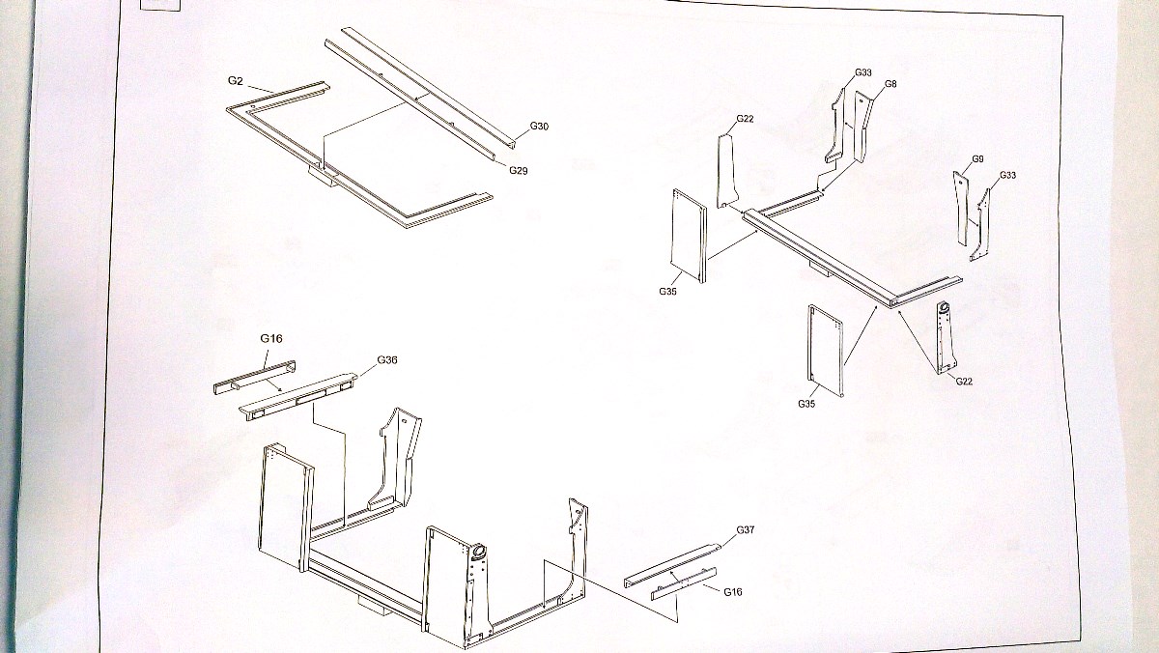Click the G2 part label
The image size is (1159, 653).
[x=235, y=81]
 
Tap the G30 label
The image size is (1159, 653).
[x=539, y=127]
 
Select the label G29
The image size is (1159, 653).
[x=518, y=170]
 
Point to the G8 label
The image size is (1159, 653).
[x=890, y=84]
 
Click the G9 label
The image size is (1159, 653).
[x=977, y=158]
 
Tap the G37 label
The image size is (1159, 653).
[x=745, y=529]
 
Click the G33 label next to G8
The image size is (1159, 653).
[x=863, y=72]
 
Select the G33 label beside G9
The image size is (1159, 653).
[x=1007, y=175]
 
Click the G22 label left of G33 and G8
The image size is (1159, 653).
[x=745, y=119]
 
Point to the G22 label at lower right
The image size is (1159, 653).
[x=964, y=382]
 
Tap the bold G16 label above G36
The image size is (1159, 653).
[x=271, y=339]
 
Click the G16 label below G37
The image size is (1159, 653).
[x=732, y=591]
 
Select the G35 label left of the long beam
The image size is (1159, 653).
[x=667, y=291]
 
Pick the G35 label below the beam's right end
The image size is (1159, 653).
[x=806, y=404]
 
